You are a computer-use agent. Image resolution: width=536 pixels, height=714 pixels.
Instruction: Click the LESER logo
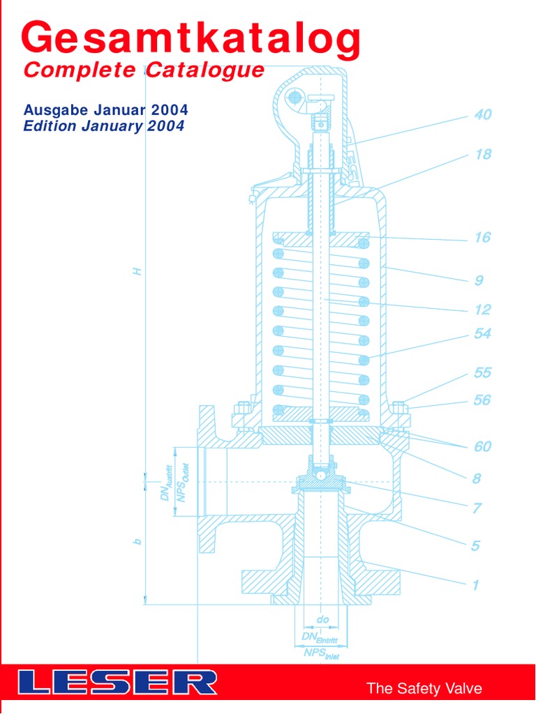117,682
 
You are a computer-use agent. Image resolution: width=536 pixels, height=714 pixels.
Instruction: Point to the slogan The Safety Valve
424,689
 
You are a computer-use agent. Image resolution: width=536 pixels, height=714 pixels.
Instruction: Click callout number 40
483,115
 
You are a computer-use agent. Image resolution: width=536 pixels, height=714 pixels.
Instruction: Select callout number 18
483,155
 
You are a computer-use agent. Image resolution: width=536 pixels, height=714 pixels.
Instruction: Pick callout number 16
482,238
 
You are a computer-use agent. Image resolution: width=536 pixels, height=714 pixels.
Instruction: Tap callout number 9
479,281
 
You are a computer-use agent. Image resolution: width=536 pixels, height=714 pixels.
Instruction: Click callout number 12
482,310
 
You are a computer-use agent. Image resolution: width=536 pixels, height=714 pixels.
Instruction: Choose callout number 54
482,334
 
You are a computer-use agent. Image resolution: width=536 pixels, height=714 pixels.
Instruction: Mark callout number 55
482,373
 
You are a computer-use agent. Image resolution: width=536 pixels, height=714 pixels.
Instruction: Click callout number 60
482,447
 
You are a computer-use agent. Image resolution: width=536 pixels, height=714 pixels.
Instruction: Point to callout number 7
477,509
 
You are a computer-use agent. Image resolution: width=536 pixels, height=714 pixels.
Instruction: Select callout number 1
475,586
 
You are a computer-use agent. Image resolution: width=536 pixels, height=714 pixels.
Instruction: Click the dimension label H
137,271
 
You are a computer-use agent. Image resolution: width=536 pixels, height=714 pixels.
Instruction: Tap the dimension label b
137,542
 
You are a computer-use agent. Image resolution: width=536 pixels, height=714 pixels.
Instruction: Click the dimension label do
322,619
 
